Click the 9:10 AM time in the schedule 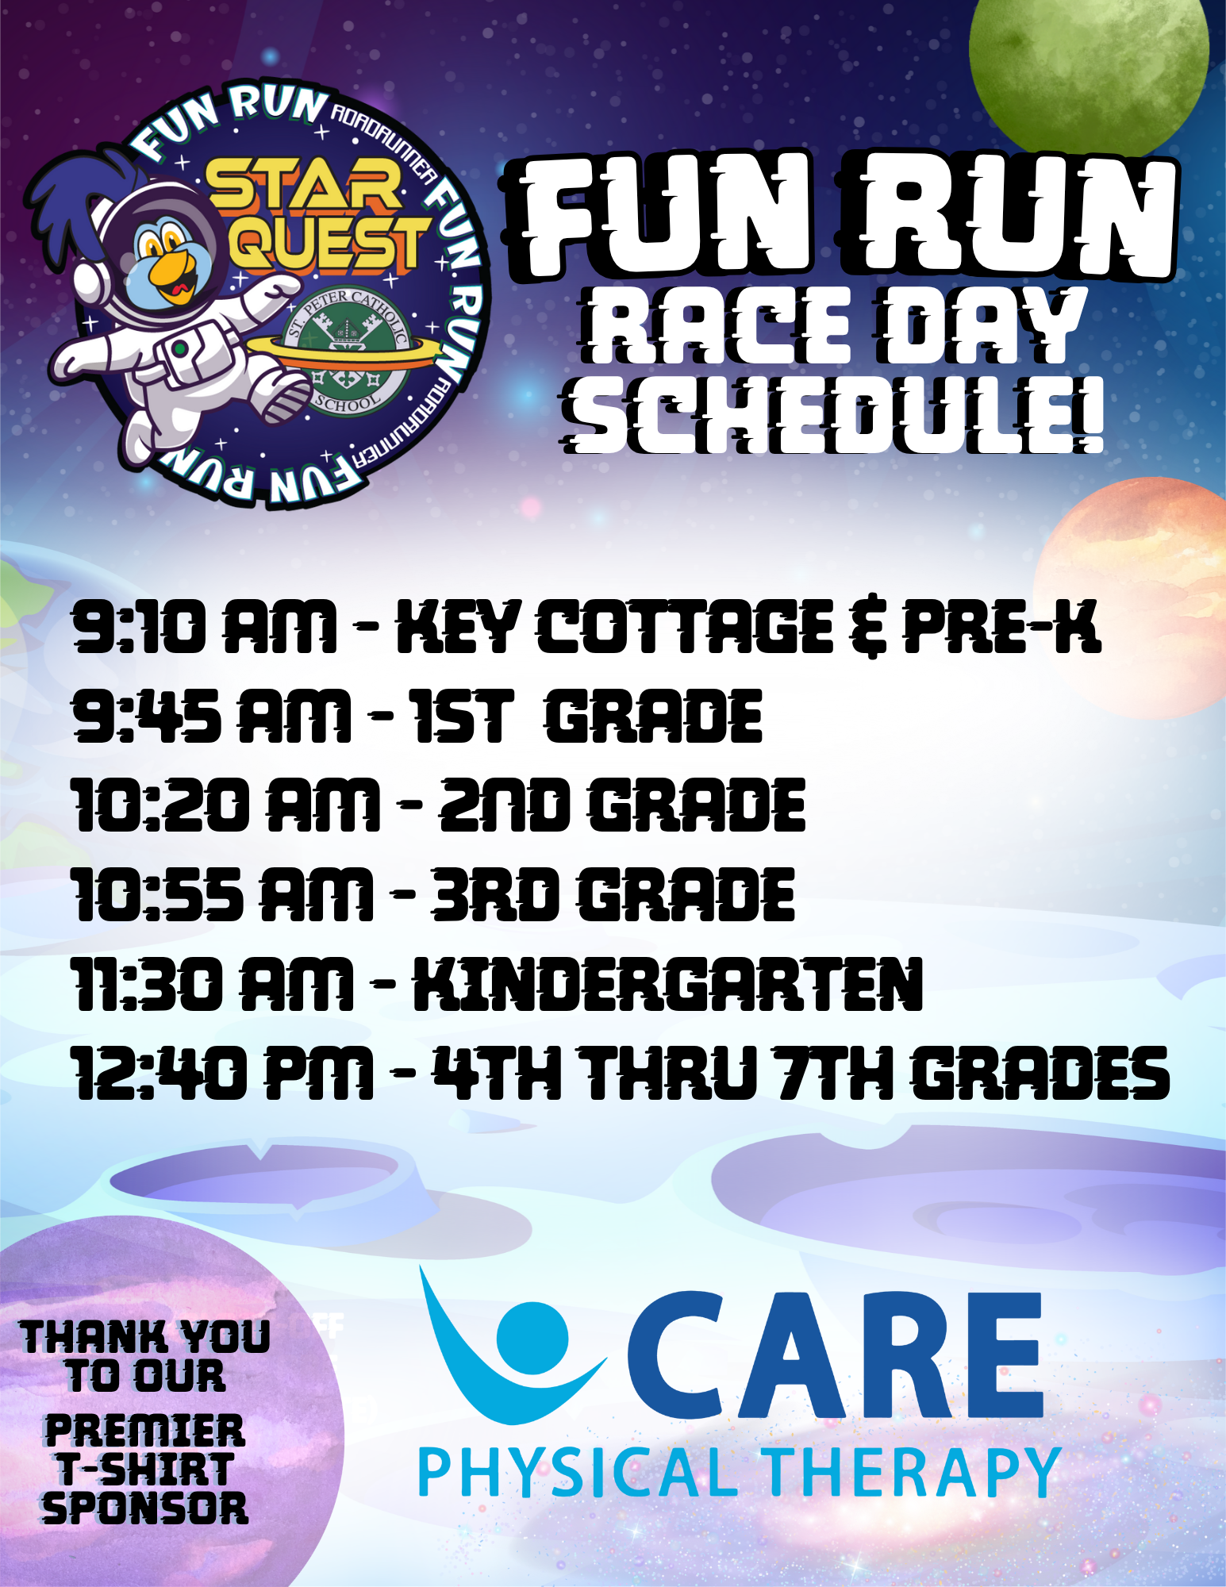[x=205, y=627]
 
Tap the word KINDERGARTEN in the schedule [x=667, y=984]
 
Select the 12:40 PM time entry [x=222, y=1073]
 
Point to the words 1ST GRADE [x=586, y=717]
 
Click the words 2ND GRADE [x=623, y=805]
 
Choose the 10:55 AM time [x=222, y=894]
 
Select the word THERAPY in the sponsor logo [x=913, y=1472]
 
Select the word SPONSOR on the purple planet [x=145, y=1507]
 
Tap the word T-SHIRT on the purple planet [x=145, y=1469]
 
